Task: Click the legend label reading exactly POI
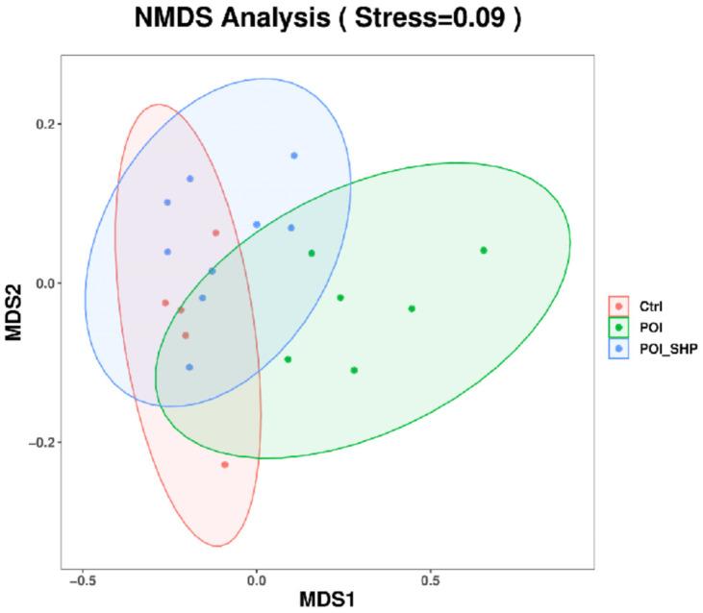[x=644, y=329]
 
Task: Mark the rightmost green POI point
[x=484, y=251]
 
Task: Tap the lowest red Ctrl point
[x=225, y=464]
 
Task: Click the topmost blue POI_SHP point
[x=294, y=156]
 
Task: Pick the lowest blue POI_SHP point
[x=189, y=367]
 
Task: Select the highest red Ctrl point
[x=216, y=233]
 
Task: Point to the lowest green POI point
[x=354, y=370]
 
